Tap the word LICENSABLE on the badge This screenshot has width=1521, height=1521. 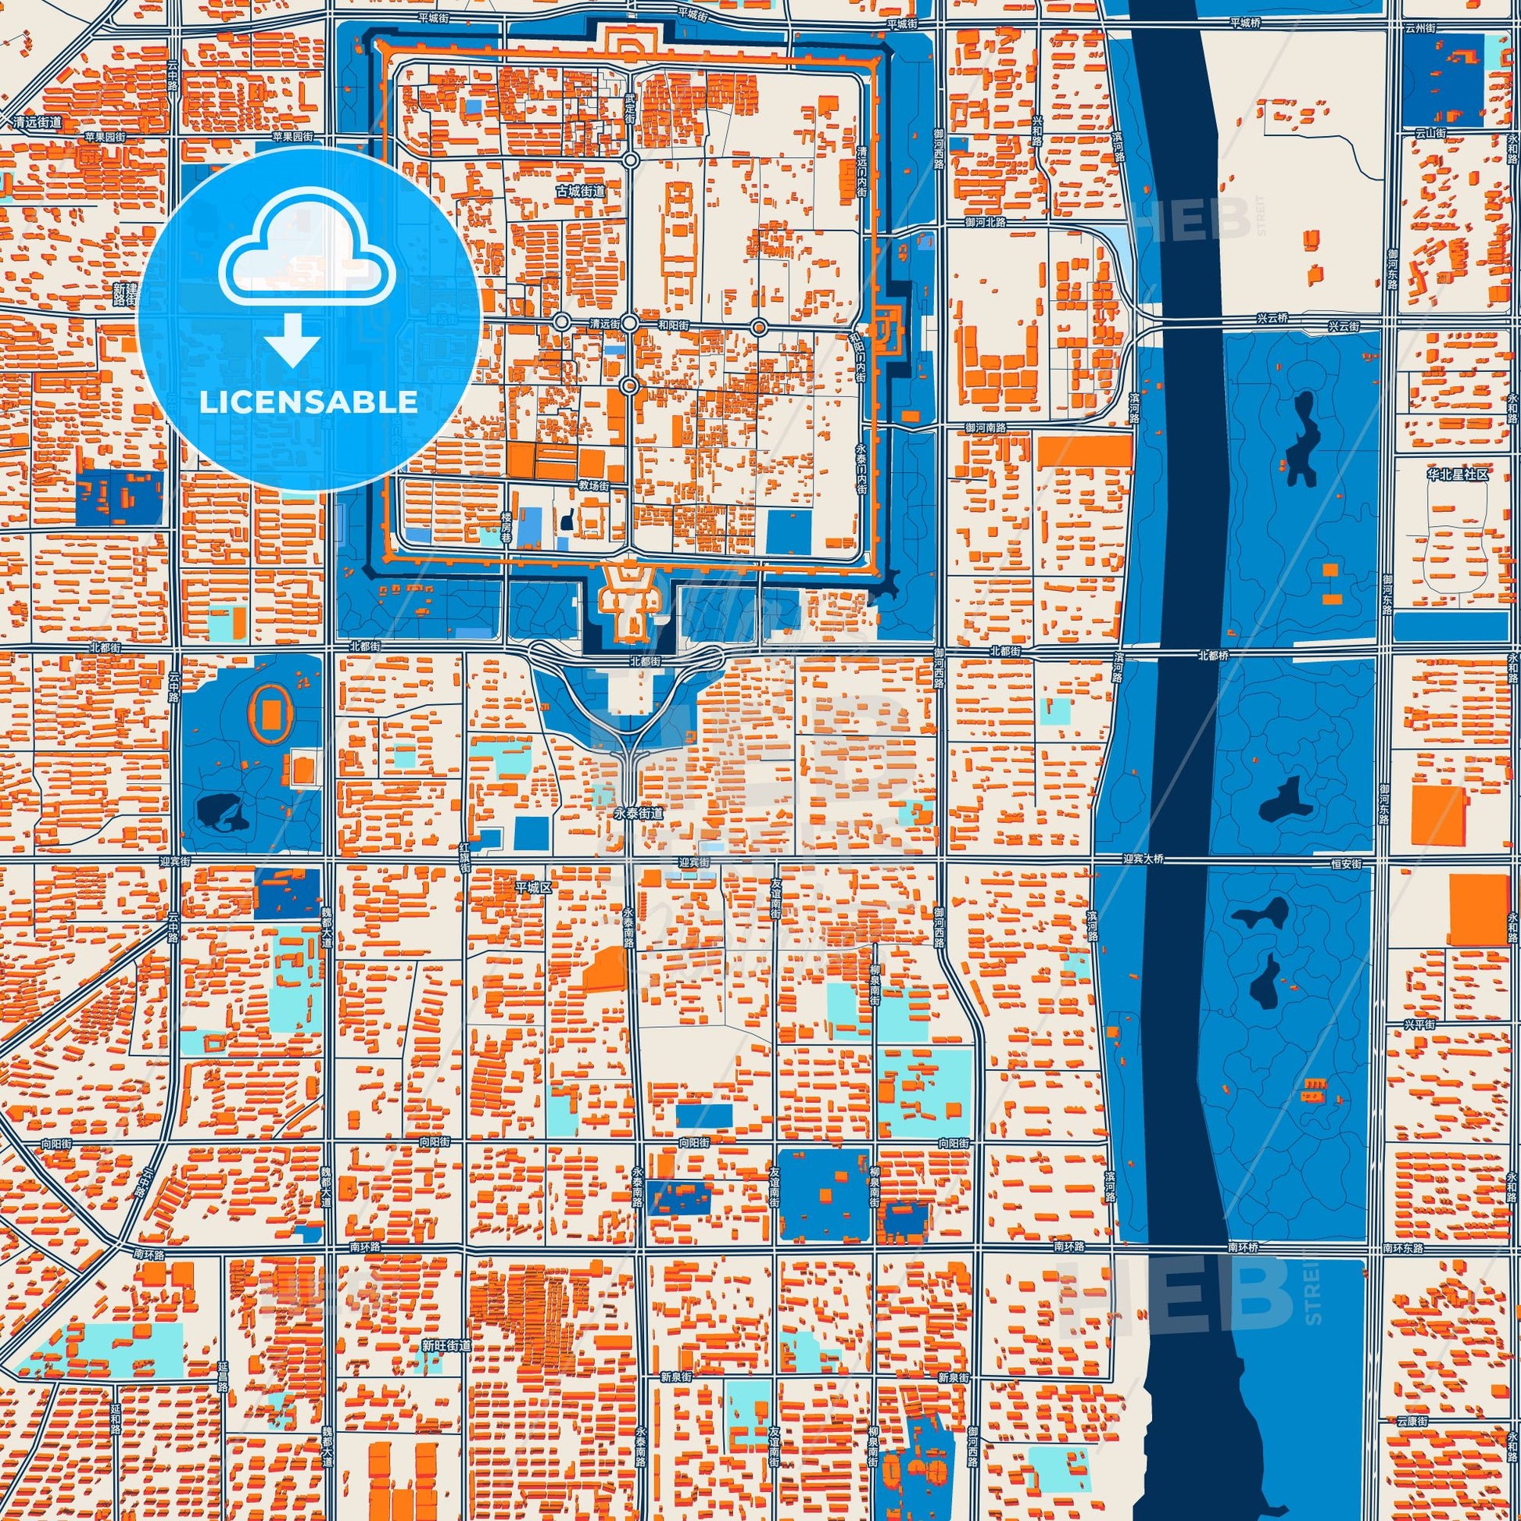point(309,403)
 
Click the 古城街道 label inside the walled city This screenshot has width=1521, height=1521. point(581,191)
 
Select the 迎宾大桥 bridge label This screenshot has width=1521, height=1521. point(1143,860)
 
